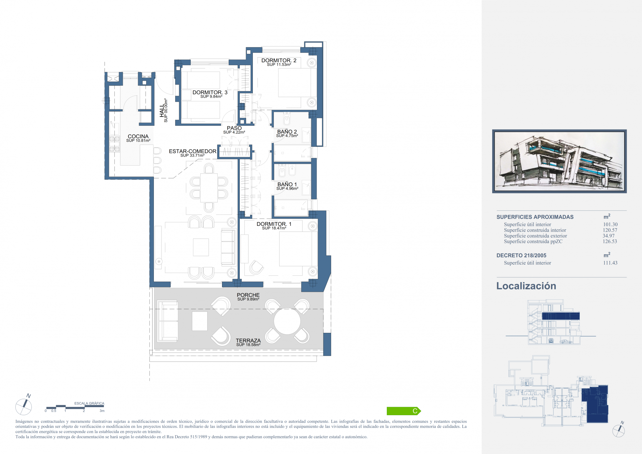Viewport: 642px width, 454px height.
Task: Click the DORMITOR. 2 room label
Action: [x=279, y=61]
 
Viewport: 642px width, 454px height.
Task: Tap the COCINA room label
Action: [x=138, y=137]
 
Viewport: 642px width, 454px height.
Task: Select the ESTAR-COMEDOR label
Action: [x=193, y=151]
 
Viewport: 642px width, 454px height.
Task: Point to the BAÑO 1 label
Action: [x=287, y=184]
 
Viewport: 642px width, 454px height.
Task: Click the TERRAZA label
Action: [x=248, y=341]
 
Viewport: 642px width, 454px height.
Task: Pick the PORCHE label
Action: [x=248, y=295]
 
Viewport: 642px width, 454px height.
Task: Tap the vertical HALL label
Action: [x=162, y=110]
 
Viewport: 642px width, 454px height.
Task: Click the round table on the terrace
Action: [x=287, y=321]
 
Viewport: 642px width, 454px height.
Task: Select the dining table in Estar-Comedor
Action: [x=209, y=188]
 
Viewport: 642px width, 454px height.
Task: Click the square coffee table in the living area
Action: [x=201, y=247]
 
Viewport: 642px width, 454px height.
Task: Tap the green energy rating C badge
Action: [x=404, y=411]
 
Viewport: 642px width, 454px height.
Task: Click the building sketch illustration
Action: [x=559, y=161]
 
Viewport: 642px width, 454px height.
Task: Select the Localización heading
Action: [x=526, y=286]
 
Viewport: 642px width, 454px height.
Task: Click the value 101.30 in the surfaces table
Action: [x=610, y=224]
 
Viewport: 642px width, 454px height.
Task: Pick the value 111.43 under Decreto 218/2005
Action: [x=610, y=263]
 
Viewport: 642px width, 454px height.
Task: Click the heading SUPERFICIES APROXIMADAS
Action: [x=535, y=217]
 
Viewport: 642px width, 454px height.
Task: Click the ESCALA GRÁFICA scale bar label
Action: [x=89, y=403]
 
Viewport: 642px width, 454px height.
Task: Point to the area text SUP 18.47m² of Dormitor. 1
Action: [x=274, y=228]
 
